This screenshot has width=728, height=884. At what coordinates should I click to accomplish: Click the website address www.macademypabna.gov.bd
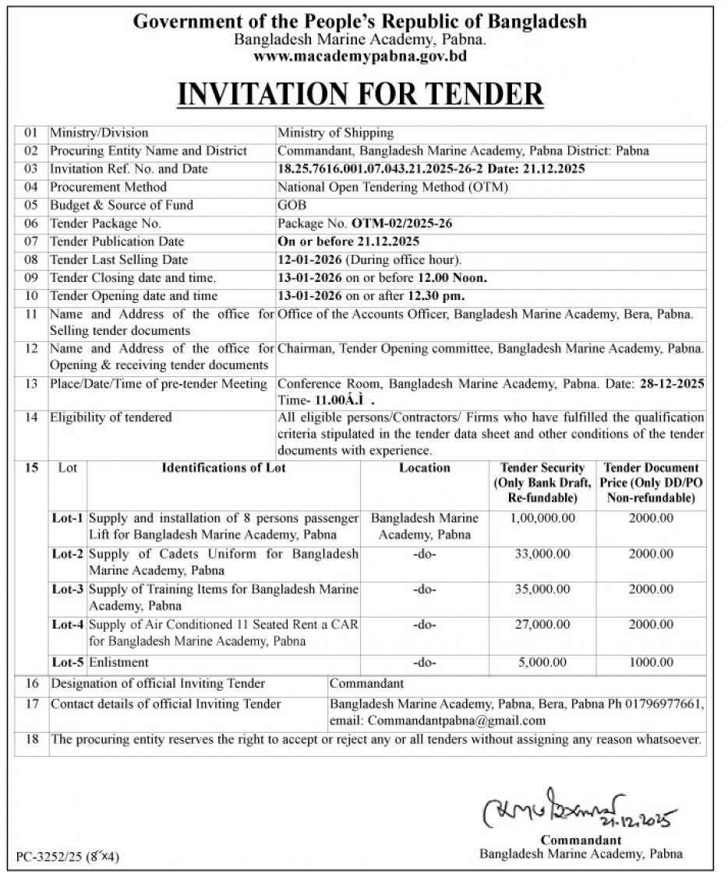[x=360, y=56]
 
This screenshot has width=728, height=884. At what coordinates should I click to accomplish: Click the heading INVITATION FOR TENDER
[x=360, y=93]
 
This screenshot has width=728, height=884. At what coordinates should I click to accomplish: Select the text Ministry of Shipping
[x=336, y=133]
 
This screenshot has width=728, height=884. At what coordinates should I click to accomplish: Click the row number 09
[x=31, y=278]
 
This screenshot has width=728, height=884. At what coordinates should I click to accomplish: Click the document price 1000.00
[x=651, y=663]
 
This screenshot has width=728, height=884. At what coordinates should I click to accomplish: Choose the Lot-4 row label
[x=67, y=625]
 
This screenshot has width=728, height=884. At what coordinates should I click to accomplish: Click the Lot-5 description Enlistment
[x=118, y=663]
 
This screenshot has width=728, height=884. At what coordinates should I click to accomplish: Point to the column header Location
[x=424, y=468]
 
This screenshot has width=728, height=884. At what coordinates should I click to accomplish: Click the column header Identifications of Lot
[x=224, y=468]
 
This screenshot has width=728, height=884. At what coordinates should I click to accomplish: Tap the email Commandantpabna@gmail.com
[x=457, y=721]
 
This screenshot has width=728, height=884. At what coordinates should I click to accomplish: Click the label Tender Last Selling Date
[x=119, y=260]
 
